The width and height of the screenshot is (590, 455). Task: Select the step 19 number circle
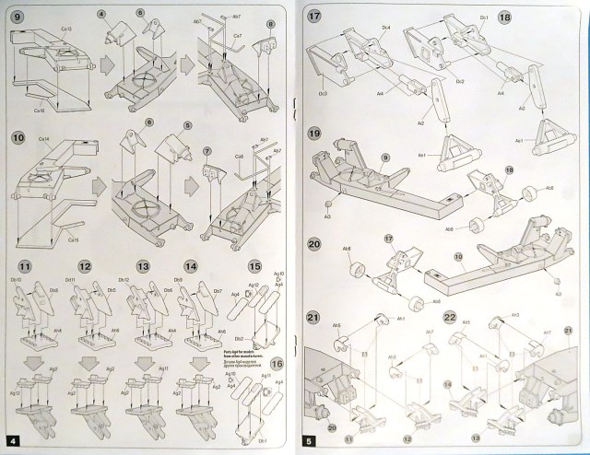pyautogui.click(x=313, y=134)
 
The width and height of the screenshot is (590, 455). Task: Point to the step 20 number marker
pyautogui.click(x=313, y=245)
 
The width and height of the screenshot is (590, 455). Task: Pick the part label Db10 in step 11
pyautogui.click(x=16, y=278)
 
